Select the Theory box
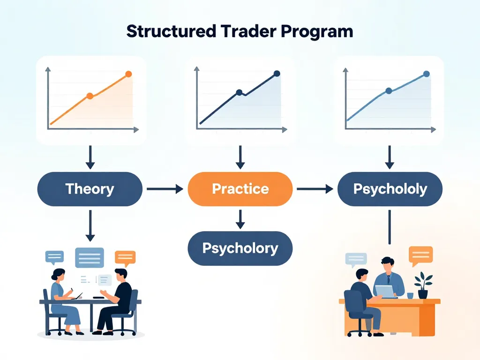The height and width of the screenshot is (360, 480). (90, 189)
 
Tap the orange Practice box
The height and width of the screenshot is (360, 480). (240, 189)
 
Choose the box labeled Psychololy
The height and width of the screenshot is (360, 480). (390, 189)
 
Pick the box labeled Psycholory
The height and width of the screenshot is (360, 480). (240, 248)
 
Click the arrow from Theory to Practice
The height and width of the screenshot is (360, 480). (165, 189)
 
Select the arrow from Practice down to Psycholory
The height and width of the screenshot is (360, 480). (240, 219)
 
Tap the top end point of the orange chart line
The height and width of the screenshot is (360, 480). (128, 74)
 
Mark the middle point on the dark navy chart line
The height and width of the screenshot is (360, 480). (239, 92)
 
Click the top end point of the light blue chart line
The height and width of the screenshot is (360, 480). (426, 74)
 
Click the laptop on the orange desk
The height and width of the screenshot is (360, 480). (386, 292)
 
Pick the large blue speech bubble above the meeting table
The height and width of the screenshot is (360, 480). (90, 257)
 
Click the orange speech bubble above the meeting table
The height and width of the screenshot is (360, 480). (125, 257)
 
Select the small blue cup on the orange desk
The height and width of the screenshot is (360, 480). (410, 296)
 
